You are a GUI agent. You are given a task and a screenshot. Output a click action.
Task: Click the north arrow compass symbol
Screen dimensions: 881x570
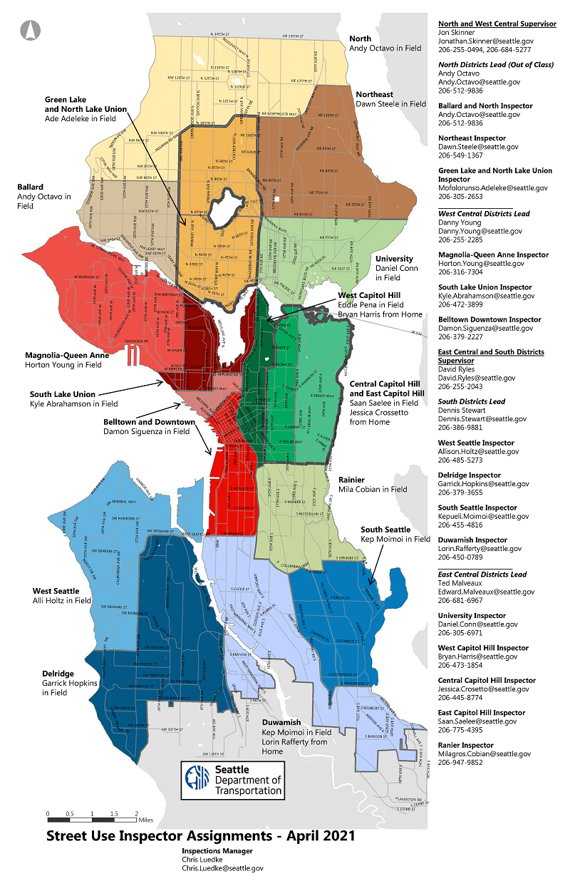[31, 30]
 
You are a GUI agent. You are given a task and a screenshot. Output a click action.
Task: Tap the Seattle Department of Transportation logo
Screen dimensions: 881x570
[232, 779]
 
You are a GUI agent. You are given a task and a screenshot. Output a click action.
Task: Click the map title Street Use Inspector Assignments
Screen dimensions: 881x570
[200, 835]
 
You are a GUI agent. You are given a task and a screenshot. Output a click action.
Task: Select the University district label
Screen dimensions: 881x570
[394, 259]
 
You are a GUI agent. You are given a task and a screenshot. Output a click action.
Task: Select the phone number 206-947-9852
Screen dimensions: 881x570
[460, 763]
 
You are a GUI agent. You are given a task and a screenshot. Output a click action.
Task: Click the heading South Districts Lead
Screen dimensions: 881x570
[472, 402]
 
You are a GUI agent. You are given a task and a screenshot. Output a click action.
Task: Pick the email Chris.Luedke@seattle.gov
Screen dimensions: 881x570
[222, 868]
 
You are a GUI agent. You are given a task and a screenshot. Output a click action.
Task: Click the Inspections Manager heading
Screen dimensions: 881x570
[217, 851]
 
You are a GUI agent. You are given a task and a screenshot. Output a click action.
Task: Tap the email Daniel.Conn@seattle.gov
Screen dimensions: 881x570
[477, 624]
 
